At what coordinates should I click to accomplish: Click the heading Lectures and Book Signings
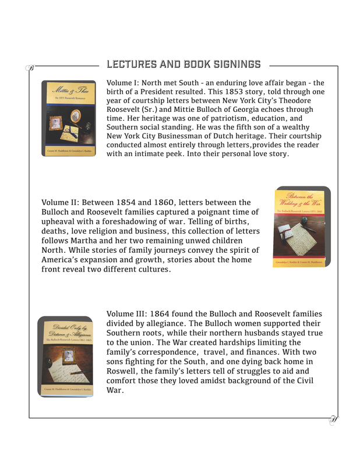click(x=183, y=63)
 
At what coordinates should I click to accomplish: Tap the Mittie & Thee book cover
click(x=69, y=118)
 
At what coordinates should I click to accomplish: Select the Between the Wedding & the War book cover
click(x=302, y=227)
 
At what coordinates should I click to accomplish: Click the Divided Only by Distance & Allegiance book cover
click(x=65, y=356)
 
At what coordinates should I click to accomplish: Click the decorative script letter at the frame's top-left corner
click(x=31, y=68)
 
